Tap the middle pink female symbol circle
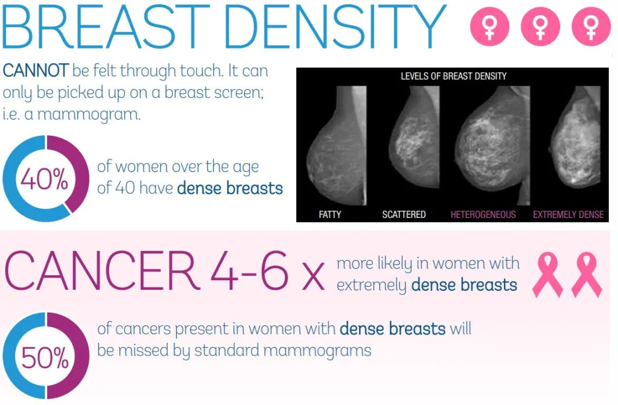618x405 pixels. [x=540, y=27]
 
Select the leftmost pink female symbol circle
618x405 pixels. [x=489, y=27]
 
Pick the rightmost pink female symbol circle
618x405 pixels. [x=591, y=27]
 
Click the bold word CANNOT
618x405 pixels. [x=36, y=71]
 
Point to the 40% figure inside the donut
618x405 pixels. [x=44, y=179]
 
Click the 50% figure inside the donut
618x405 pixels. [x=45, y=357]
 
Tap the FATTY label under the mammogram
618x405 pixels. [x=330, y=214]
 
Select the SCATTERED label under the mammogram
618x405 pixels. [x=404, y=214]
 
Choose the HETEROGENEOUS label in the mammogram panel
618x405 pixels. [x=483, y=214]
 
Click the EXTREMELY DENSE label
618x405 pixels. [x=569, y=214]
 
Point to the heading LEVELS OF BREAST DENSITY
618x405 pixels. [x=454, y=76]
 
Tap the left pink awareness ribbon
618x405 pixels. [x=547, y=275]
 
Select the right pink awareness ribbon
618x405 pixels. [x=587, y=275]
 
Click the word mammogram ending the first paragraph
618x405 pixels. [x=89, y=114]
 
